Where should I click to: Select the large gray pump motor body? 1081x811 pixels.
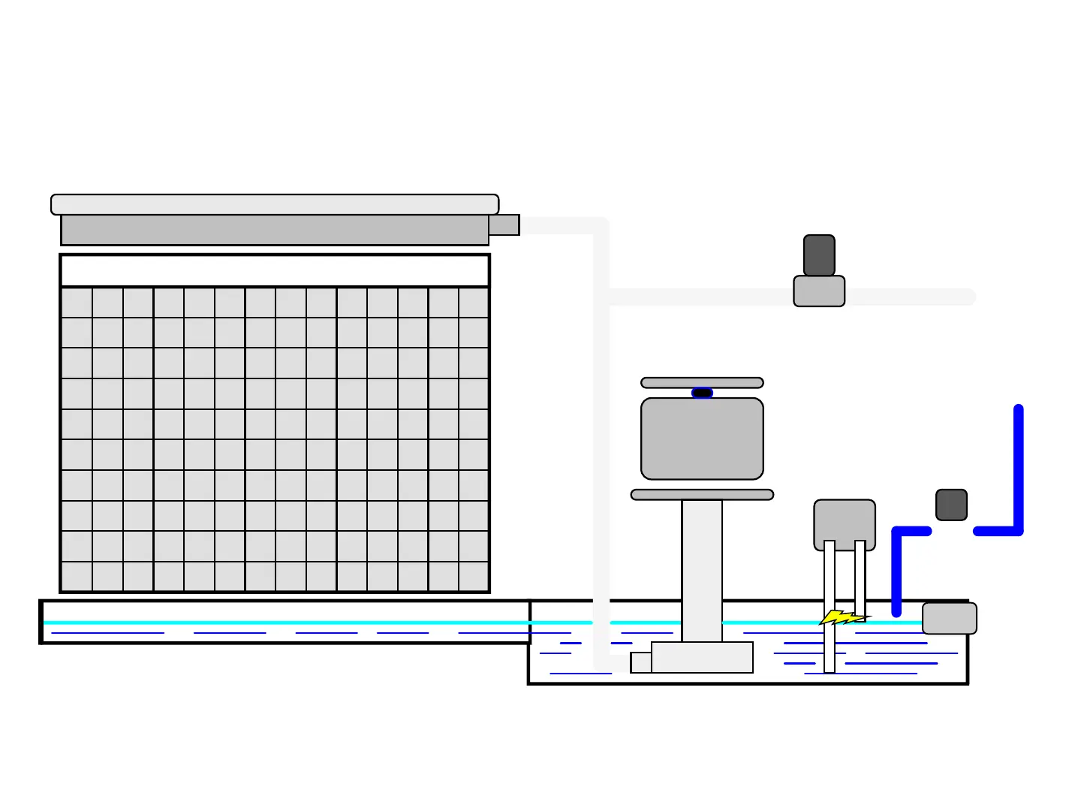(702, 439)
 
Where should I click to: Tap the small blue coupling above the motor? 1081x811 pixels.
(702, 393)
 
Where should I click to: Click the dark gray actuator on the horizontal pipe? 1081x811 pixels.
(819, 255)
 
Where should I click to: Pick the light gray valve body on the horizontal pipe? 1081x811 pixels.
(819, 291)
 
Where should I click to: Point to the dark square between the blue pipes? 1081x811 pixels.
(951, 505)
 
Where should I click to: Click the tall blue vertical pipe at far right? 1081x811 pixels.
(1019, 466)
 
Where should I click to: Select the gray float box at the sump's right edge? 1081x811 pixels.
(949, 618)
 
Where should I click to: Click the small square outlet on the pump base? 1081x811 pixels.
(641, 662)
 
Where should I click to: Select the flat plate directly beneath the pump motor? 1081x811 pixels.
(702, 495)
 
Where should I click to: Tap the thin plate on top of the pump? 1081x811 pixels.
(702, 383)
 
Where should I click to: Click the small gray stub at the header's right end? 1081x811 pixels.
(504, 225)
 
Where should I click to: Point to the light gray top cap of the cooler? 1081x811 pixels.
(275, 204)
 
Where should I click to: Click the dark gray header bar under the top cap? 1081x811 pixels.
(275, 230)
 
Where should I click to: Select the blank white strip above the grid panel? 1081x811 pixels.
(275, 270)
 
